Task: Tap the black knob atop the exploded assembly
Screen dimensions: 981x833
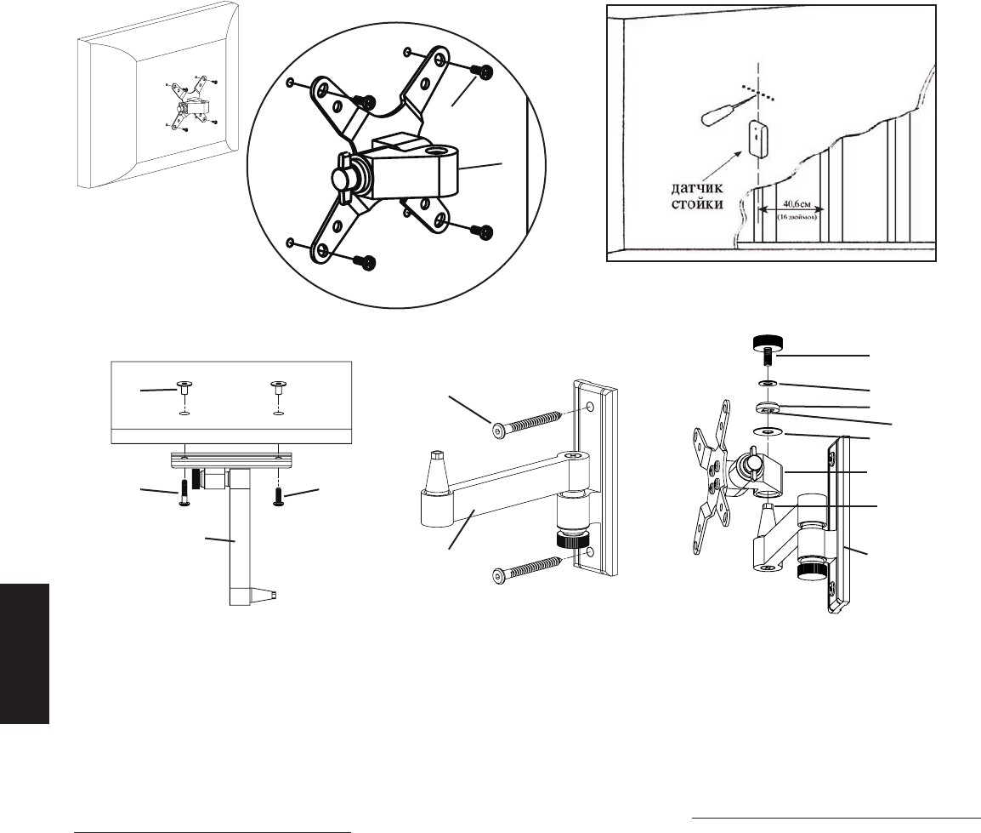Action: [768, 342]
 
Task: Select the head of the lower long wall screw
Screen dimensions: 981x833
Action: [498, 576]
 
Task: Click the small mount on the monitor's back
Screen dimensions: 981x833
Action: [189, 106]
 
